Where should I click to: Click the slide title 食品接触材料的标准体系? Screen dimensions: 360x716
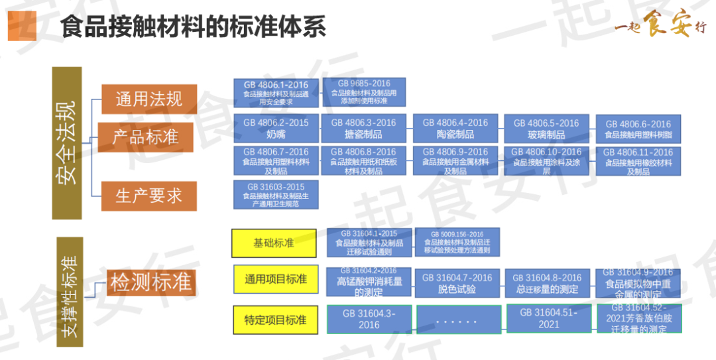pyautogui.click(x=193, y=27)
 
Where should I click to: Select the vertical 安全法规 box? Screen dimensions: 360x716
pyautogui.click(x=67, y=143)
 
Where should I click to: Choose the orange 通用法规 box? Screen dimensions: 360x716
pyautogui.click(x=149, y=99)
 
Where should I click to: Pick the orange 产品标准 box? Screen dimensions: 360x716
pyautogui.click(x=145, y=137)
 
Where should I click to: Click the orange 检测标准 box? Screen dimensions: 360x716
pyautogui.click(x=151, y=283)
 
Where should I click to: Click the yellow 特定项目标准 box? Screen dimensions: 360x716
pyautogui.click(x=274, y=320)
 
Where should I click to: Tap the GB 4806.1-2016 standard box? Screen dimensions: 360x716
pyautogui.click(x=276, y=93)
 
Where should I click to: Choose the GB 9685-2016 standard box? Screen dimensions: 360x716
pyautogui.click(x=364, y=92)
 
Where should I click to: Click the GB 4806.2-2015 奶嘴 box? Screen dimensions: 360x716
pyautogui.click(x=276, y=128)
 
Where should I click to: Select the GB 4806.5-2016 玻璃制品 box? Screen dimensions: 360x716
pyautogui.click(x=546, y=129)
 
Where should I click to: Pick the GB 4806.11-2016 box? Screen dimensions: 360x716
pyautogui.click(x=638, y=161)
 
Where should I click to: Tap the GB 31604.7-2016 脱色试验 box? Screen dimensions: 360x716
pyautogui.click(x=457, y=283)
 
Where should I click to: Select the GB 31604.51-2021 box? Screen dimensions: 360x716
pyautogui.click(x=548, y=318)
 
